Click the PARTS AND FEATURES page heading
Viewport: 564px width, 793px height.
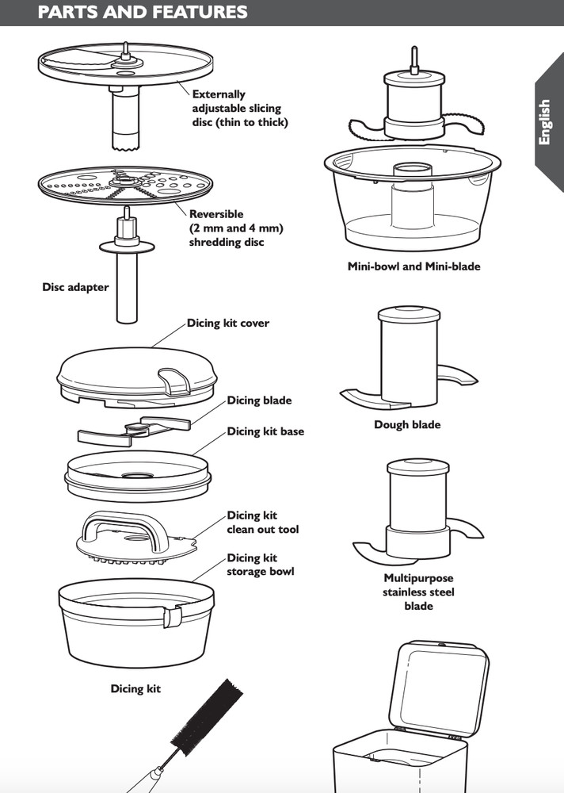tap(143, 13)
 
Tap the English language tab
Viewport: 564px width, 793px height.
tap(544, 122)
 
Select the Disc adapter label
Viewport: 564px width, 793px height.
tap(75, 287)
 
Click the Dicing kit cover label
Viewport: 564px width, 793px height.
tap(228, 324)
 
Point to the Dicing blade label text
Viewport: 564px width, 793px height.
tap(259, 400)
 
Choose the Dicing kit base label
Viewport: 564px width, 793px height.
tap(265, 431)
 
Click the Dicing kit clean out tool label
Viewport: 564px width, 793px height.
tap(263, 523)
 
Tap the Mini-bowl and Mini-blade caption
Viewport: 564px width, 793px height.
tap(413, 266)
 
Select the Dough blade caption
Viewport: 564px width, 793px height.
tap(407, 424)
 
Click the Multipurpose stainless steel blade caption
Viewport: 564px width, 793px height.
tap(419, 592)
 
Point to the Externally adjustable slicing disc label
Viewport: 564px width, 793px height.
tap(240, 108)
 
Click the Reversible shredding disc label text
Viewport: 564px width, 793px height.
tap(236, 228)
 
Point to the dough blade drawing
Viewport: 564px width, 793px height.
tap(407, 357)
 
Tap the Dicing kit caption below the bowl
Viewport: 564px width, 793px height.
tap(135, 689)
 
